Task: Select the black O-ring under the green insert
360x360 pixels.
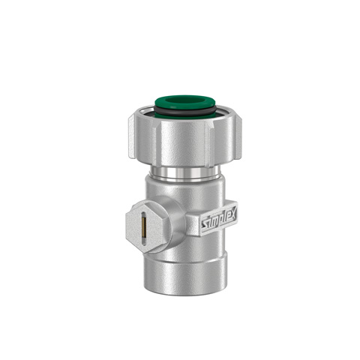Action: click(x=181, y=112)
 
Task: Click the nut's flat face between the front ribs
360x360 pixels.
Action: click(x=181, y=146)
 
